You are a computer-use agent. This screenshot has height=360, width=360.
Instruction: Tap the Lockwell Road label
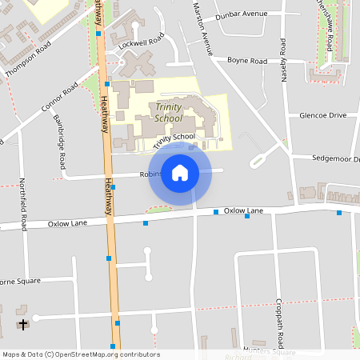click(x=141, y=38)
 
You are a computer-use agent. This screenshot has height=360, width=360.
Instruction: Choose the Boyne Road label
click(x=247, y=60)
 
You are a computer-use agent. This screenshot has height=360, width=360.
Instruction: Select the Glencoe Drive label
click(x=322, y=115)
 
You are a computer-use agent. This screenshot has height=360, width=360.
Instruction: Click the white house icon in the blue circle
click(x=180, y=173)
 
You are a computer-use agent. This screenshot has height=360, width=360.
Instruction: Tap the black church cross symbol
click(x=23, y=324)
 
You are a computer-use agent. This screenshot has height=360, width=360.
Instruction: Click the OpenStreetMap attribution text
click(x=81, y=354)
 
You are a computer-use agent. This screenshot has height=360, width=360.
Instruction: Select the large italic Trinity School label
click(x=169, y=113)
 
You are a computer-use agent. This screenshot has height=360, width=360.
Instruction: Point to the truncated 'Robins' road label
click(x=150, y=174)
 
